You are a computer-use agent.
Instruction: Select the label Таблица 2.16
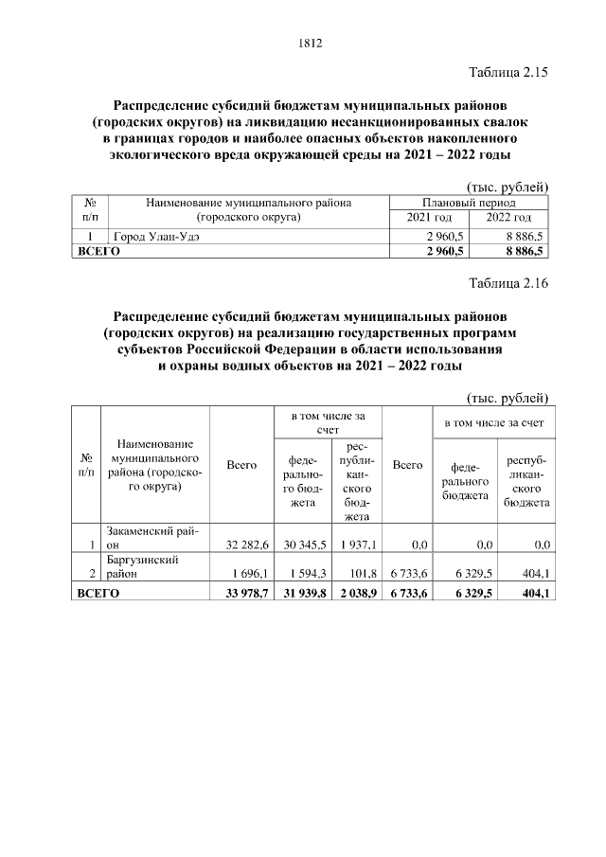pyautogui.click(x=508, y=282)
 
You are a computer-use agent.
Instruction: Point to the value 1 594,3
pyautogui.click(x=302, y=574)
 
